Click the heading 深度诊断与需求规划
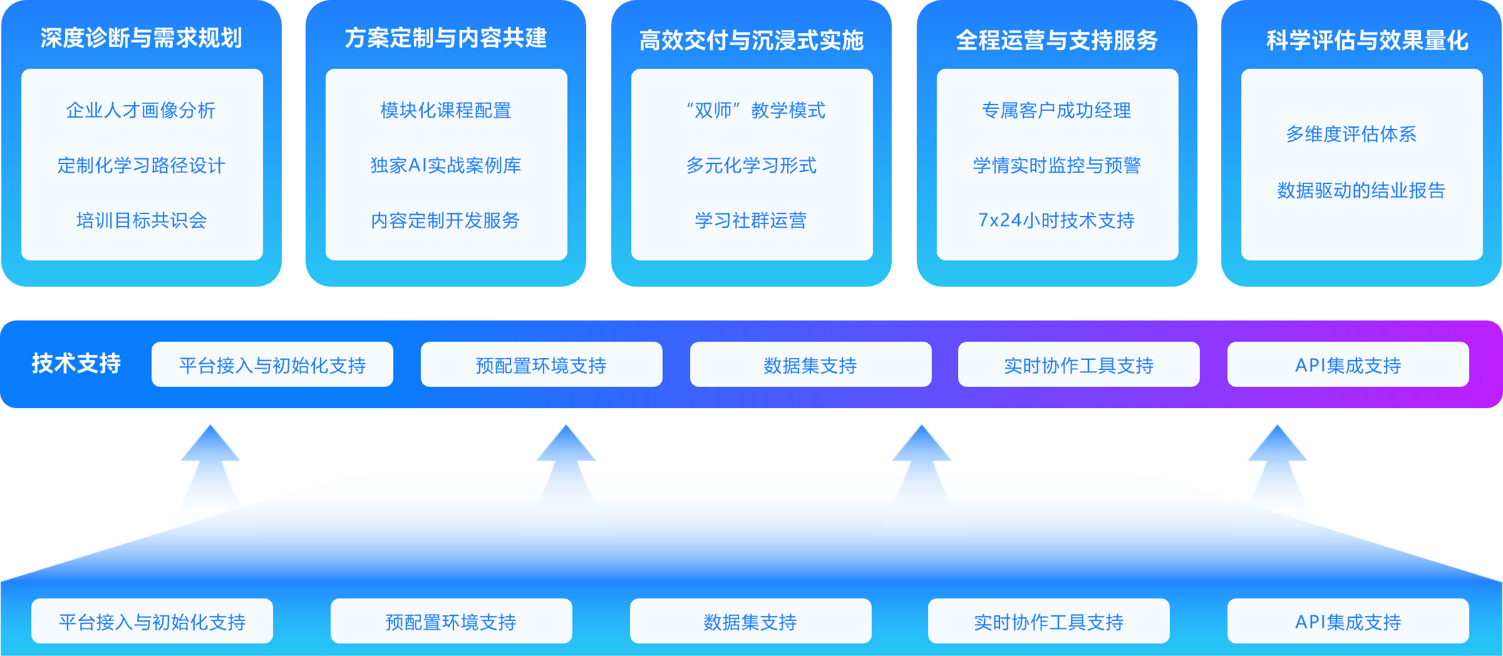pos(141,38)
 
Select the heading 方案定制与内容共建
pos(445,38)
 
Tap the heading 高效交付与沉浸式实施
pos(751,40)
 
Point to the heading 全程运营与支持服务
pos(1056,40)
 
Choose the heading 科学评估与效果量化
pos(1367,40)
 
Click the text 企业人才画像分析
pos(141,110)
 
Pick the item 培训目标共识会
pos(142,220)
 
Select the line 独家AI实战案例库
pos(445,165)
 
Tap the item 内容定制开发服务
pos(445,220)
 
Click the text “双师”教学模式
pos(756,110)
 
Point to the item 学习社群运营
pos(751,220)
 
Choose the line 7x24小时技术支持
pos(1056,220)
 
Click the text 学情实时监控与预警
pos(1056,165)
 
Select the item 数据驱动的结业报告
pos(1361,190)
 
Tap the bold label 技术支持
pos(76,363)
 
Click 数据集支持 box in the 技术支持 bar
pos(810,365)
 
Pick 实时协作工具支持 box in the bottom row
pos(1048,622)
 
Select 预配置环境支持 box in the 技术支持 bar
pos(541,365)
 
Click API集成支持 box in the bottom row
pos(1348,622)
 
